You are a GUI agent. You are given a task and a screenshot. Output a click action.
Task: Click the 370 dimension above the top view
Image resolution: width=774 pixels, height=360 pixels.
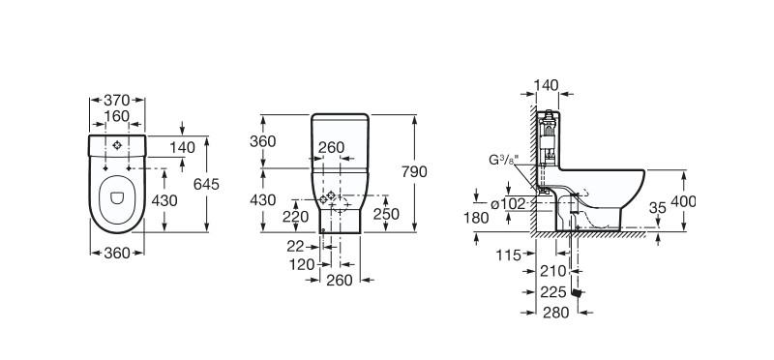coord(116,101)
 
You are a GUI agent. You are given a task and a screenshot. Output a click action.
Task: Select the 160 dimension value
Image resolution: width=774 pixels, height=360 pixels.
coord(116,116)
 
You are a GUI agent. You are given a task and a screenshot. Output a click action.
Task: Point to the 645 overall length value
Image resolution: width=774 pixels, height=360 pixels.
coord(206,184)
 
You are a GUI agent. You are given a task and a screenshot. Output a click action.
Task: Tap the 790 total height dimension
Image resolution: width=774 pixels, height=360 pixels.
coord(414,172)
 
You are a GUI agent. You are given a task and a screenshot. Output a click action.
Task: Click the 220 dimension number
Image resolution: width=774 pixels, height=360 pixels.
coord(295,217)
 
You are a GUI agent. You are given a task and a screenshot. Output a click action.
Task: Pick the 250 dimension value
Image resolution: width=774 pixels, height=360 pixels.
coord(386,214)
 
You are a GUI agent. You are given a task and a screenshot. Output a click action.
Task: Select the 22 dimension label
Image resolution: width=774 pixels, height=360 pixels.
coord(295,246)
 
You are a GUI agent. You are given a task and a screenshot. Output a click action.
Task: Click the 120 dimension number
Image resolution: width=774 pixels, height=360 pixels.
coord(302,265)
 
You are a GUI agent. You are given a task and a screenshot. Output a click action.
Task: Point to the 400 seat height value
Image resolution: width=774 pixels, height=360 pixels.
coord(683,201)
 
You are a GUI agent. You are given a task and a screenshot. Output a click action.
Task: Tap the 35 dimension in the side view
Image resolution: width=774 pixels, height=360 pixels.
coord(658,208)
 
